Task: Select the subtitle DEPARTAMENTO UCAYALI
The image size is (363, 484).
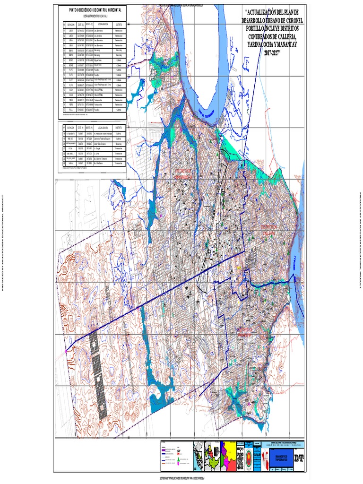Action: (92, 15)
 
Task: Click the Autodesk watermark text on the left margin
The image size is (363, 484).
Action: (3, 242)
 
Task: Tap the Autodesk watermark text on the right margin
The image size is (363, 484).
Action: (360, 242)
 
